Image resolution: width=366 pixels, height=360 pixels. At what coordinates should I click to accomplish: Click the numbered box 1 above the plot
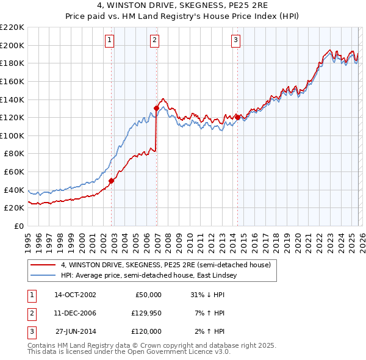coord(109,41)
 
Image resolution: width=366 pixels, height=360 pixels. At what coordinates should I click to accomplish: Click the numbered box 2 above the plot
coord(155,41)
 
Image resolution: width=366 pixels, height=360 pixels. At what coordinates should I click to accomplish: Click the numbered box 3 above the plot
coord(235,41)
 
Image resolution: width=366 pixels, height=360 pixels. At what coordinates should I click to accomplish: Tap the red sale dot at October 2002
coord(112,181)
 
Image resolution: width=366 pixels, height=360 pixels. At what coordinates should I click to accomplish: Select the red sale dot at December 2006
coord(156,109)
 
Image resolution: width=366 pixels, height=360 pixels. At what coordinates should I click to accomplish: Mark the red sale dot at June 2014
coord(237,117)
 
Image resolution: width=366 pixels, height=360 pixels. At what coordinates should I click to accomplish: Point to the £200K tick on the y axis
coord(12,45)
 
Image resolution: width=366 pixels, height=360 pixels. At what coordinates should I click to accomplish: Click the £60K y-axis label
coord(14,172)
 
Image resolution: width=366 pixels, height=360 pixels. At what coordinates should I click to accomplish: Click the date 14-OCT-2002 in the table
coord(75,295)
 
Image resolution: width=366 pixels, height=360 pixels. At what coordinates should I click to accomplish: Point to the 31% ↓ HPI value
coord(208,295)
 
